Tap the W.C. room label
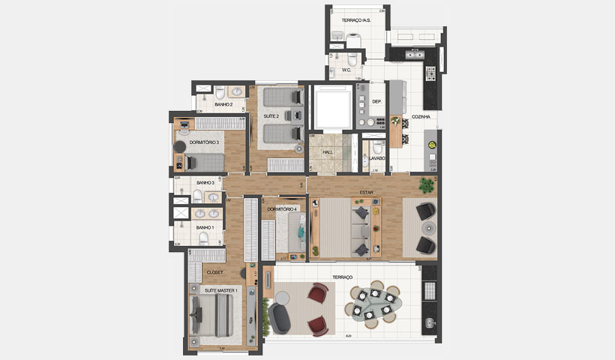[346, 70]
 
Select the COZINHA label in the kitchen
[421, 116]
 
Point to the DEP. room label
[377, 101]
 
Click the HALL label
[328, 152]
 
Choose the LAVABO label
[376, 158]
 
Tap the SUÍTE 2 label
[271, 116]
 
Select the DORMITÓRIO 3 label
[204, 142]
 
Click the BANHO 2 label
[223, 105]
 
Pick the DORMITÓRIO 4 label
[283, 208]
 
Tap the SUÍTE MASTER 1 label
[220, 289]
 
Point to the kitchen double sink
[414, 52]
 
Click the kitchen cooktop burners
[431, 73]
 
